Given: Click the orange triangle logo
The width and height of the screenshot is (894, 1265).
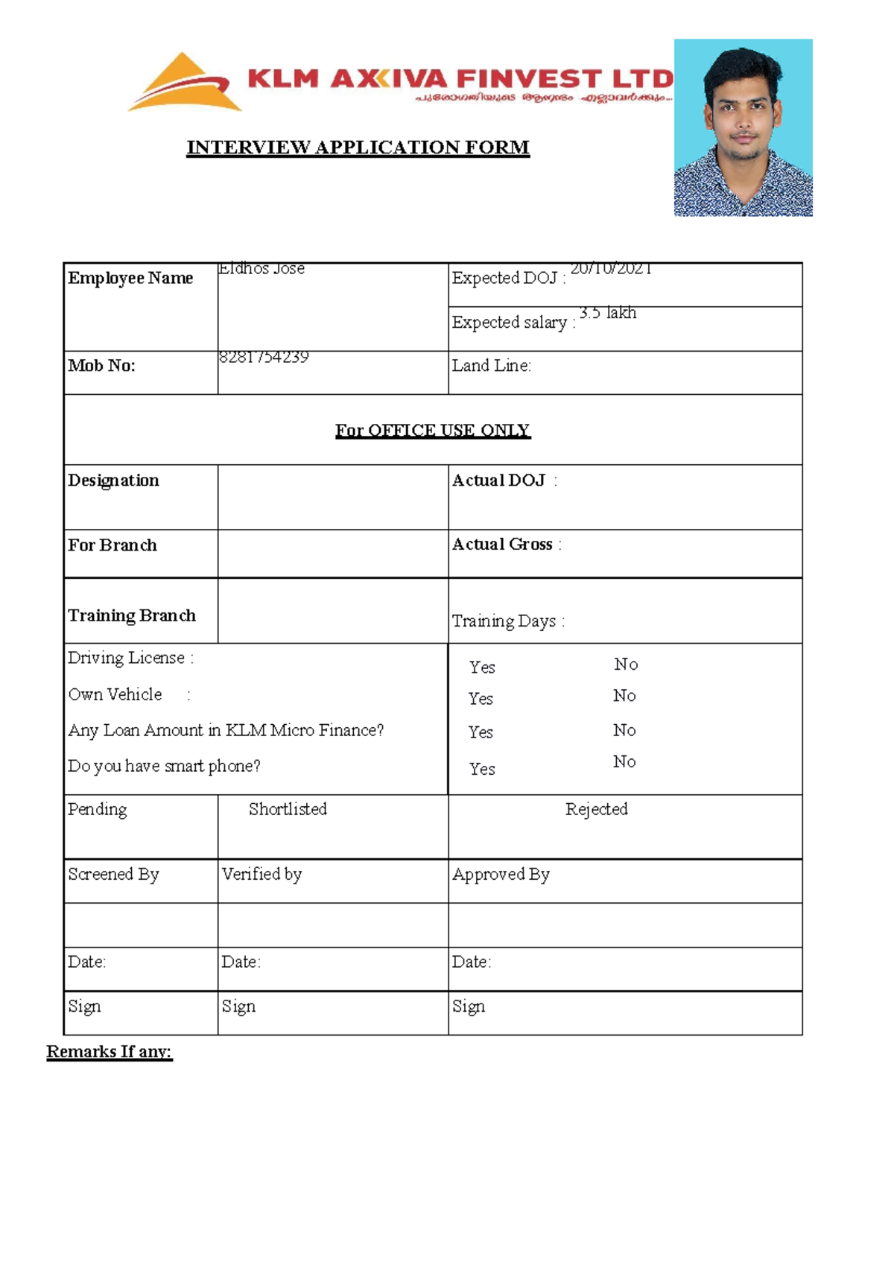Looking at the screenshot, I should [x=185, y=83].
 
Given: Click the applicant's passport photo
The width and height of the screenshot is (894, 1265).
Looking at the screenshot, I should [x=743, y=127].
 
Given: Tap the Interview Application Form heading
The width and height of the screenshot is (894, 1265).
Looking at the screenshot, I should [x=358, y=148].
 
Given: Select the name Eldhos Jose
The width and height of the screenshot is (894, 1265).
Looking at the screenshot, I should [x=261, y=269].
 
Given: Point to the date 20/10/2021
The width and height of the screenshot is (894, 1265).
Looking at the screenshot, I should [x=611, y=269].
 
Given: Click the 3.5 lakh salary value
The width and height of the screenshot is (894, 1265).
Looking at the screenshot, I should [x=608, y=313].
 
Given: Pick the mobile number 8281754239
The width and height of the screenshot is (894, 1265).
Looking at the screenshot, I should [x=264, y=357].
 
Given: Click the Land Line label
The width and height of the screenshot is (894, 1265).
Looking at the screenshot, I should [x=491, y=366].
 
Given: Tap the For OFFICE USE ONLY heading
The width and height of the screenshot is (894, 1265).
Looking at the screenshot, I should [x=432, y=431].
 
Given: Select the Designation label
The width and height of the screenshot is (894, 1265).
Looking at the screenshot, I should [x=113, y=481].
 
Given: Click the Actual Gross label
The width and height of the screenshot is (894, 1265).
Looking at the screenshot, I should [x=503, y=545].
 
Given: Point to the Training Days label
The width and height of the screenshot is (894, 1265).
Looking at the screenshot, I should [x=504, y=621].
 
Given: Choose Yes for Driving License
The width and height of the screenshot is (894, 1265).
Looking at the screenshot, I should [x=482, y=668].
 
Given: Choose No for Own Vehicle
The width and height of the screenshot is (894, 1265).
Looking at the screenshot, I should [x=624, y=696].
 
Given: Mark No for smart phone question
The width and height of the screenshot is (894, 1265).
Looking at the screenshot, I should [x=624, y=761].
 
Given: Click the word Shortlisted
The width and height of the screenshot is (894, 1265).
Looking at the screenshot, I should [x=288, y=809].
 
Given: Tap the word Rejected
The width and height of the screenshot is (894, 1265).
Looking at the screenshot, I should [x=596, y=809].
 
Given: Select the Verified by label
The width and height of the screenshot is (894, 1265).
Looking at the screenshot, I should [x=261, y=874].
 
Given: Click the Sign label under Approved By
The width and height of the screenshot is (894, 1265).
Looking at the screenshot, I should [x=469, y=1006].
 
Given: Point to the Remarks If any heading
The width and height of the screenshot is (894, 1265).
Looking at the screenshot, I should [x=109, y=1051].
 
